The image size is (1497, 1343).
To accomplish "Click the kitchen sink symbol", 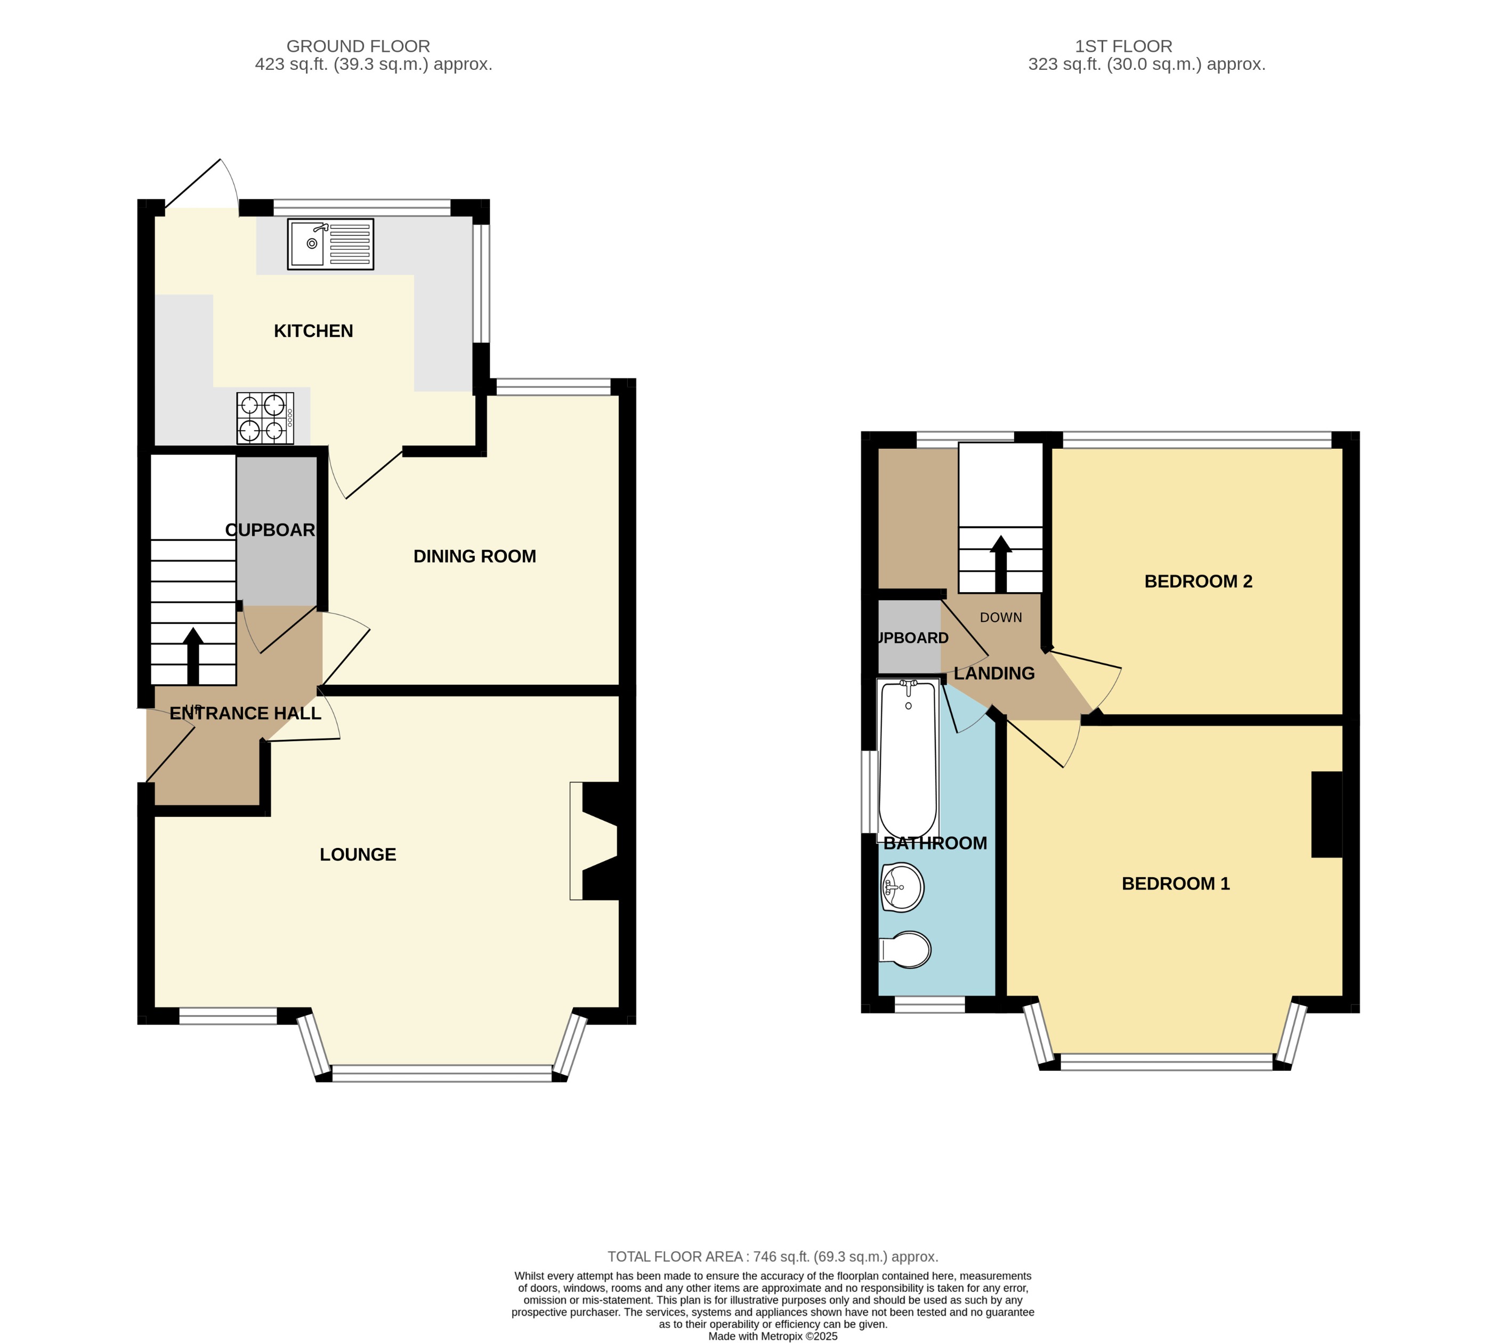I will click(x=330, y=244).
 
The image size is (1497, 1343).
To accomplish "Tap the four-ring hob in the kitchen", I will click(x=264, y=418).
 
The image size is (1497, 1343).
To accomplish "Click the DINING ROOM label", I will click(x=474, y=556).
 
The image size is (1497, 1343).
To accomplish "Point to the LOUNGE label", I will click(x=357, y=854).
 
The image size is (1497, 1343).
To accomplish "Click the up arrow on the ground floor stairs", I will click(x=193, y=656).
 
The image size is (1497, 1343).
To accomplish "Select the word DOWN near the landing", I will click(x=1000, y=618).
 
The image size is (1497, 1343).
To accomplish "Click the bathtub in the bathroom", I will click(x=908, y=758).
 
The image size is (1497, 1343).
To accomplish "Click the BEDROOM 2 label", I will click(x=1197, y=581).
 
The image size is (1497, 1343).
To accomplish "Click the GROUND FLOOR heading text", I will click(x=358, y=46).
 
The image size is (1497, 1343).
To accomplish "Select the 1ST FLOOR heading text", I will click(x=1123, y=46).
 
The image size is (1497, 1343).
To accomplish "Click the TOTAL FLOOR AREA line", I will click(x=772, y=1257).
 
